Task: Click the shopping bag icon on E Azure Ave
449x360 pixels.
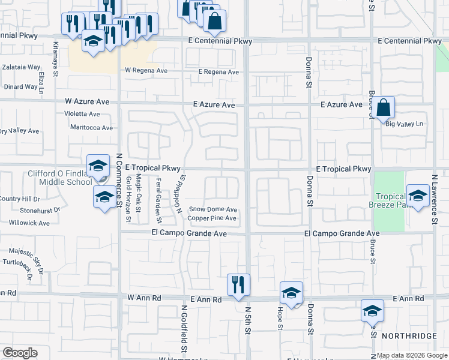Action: click(384, 108)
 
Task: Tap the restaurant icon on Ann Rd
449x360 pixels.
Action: click(238, 284)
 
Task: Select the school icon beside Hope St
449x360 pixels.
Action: click(291, 293)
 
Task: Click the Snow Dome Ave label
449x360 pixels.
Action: click(213, 209)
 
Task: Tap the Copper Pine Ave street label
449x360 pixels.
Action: click(212, 218)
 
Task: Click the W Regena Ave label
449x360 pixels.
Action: click(146, 70)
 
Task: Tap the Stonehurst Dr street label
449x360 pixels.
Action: click(40, 211)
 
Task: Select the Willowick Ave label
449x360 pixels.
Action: click(30, 223)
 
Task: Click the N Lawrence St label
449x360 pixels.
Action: click(435, 200)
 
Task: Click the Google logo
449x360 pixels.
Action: click(20, 353)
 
